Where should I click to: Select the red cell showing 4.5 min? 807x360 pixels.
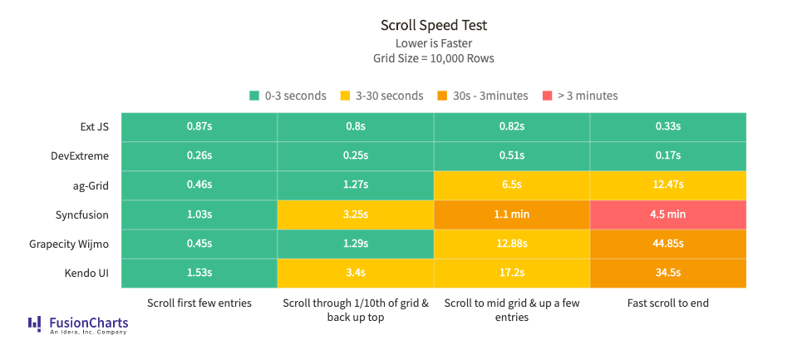click(667, 214)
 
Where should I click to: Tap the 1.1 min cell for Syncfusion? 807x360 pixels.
click(511, 214)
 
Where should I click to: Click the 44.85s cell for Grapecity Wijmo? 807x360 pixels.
click(667, 244)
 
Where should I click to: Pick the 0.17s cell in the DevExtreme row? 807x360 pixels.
click(667, 155)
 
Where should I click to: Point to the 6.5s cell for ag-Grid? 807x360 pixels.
click(511, 185)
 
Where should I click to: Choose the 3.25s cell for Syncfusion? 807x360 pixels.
click(355, 214)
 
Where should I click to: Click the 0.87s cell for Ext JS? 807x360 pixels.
click(199, 126)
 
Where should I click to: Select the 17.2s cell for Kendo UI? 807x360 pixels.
click(511, 273)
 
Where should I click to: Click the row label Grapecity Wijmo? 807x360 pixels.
click(71, 244)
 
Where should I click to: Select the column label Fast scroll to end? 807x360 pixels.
click(667, 303)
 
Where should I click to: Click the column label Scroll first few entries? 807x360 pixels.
click(199, 303)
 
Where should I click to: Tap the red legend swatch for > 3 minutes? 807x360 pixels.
click(548, 96)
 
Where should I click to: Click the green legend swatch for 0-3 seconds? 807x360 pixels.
click(254, 96)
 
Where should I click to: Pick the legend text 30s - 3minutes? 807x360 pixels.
click(490, 96)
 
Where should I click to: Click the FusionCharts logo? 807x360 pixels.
click(78, 324)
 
